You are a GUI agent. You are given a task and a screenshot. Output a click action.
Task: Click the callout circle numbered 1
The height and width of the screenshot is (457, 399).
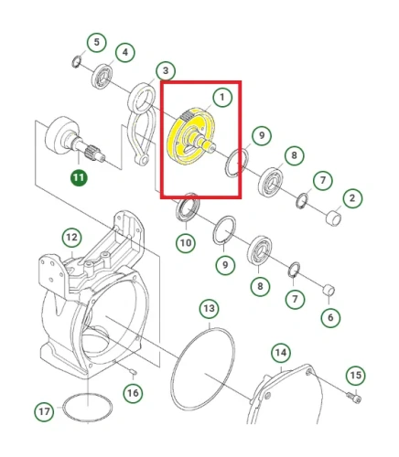pyautogui.click(x=222, y=97)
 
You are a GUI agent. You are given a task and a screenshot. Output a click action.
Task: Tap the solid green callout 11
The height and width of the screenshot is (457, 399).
pyautogui.click(x=79, y=177)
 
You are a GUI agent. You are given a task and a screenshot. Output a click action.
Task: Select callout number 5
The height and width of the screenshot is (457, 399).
pyautogui.click(x=96, y=42)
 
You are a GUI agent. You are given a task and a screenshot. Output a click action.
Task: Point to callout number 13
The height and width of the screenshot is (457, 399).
pyautogui.click(x=210, y=309)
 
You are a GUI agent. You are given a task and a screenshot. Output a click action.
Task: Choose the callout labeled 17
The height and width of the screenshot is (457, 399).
pyautogui.click(x=44, y=411)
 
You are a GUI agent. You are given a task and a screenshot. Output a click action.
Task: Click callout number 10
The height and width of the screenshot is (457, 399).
pyautogui.click(x=186, y=243)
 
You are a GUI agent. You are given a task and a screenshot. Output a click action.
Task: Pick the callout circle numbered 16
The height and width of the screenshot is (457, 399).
pyautogui.click(x=133, y=393)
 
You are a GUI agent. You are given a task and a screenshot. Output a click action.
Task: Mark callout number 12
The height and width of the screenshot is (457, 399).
pyautogui.click(x=72, y=238)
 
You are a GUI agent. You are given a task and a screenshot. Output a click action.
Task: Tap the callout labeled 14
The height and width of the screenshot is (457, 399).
pyautogui.click(x=281, y=353)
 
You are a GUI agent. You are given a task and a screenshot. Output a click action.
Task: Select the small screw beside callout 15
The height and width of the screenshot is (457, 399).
pyautogui.click(x=354, y=398)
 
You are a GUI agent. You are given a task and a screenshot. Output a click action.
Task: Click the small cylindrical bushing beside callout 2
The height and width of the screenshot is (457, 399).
pyautogui.click(x=334, y=218)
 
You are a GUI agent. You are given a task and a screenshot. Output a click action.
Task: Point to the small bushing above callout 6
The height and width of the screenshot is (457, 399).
pyautogui.click(x=329, y=290)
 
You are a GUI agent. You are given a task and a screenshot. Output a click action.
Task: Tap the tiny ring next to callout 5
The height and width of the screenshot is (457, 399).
pyautogui.click(x=76, y=62)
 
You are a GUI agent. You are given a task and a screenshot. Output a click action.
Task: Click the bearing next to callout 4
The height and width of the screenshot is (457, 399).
pyautogui.click(x=102, y=77)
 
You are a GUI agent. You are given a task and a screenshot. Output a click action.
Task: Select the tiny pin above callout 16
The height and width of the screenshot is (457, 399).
pyautogui.click(x=134, y=371)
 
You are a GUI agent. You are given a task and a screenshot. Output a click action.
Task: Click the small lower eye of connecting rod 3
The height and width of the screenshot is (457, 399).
pyautogui.click(x=143, y=160)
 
